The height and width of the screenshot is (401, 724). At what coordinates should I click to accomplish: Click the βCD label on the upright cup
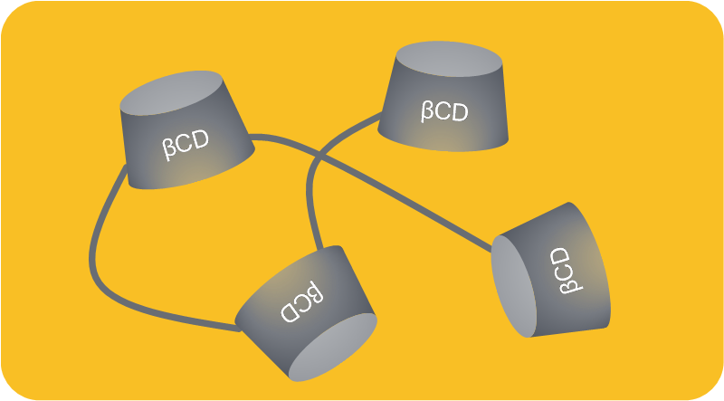[444, 112]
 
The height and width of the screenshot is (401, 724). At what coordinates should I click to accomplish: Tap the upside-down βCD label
[301, 301]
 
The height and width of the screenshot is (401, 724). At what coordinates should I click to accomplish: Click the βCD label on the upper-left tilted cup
[186, 145]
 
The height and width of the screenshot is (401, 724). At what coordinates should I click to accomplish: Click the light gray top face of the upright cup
[449, 59]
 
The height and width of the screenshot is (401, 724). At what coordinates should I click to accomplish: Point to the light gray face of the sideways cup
[514, 286]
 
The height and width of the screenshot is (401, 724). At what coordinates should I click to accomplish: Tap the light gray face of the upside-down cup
[332, 347]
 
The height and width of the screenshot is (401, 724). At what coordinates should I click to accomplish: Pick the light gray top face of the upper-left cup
[171, 93]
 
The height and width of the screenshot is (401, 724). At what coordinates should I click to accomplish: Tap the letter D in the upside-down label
[291, 312]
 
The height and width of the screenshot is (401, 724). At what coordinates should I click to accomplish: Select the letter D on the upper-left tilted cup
[200, 139]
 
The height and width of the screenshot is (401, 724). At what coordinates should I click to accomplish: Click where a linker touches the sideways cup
[491, 250]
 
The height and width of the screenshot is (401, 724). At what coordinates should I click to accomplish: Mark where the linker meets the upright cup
[381, 114]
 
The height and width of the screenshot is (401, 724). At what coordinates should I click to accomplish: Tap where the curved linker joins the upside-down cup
[240, 329]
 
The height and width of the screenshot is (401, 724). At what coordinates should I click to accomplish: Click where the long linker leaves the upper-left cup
[250, 137]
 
